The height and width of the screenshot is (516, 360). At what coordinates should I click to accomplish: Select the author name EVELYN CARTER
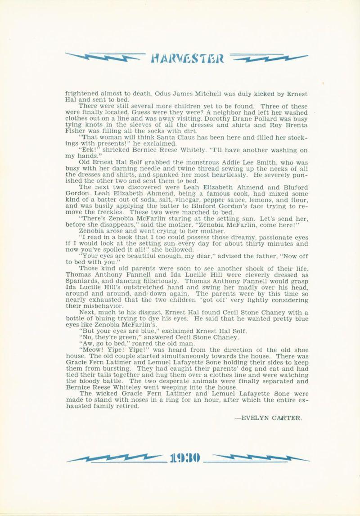(x=269, y=417)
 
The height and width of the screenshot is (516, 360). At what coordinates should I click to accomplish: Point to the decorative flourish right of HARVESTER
(x=269, y=58)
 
